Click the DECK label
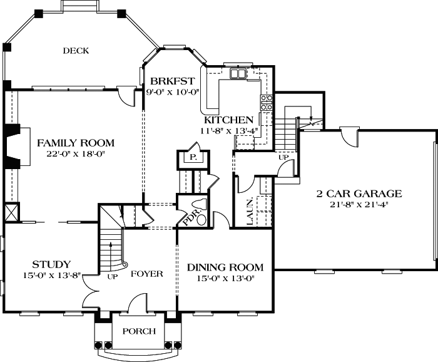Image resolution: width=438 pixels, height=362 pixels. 76,51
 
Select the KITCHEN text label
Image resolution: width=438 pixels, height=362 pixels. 228,120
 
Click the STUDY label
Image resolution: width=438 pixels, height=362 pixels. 51,264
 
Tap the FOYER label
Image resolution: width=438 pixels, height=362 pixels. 147,274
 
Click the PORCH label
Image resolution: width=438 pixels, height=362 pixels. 138,331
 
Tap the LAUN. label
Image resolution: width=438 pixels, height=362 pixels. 249,211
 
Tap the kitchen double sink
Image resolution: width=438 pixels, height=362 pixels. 238,75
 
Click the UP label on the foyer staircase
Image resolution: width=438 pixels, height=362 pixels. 113,276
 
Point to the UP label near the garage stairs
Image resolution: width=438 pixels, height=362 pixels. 283,157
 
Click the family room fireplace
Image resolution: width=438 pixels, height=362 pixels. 12,145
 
